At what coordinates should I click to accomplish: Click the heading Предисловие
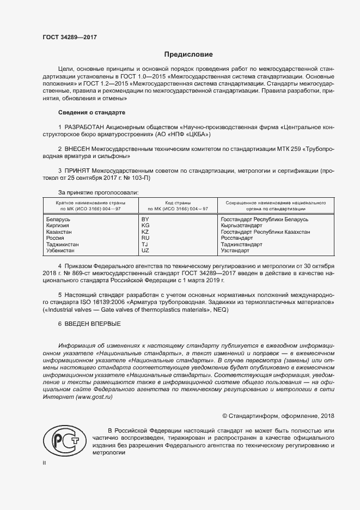(189, 54)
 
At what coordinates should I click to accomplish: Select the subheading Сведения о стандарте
(91, 112)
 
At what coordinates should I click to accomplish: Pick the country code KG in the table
(145, 226)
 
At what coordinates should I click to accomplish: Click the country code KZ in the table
(145, 232)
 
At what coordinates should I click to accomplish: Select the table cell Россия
(57, 238)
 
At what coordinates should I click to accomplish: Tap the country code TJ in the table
(145, 245)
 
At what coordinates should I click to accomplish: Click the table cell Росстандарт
(237, 238)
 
